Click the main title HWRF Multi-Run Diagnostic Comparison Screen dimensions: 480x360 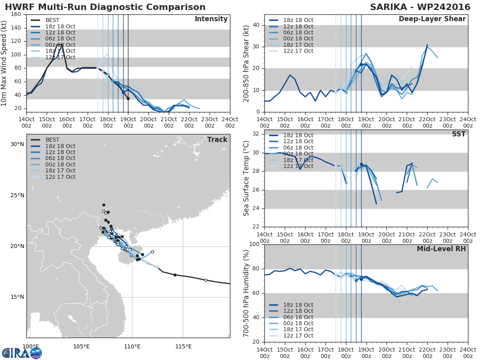tap(105, 7)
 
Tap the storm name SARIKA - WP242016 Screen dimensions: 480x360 tap(420, 7)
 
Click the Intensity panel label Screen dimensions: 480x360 tap(211, 19)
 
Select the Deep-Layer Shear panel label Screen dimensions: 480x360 tap(432, 19)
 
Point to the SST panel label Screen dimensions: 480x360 tap(459, 134)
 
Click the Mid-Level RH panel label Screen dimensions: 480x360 tap(441, 249)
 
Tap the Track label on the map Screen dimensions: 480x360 tap(217, 140)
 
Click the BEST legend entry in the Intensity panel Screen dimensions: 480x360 tap(45, 20)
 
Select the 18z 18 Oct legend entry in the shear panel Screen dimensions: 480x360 tap(291, 20)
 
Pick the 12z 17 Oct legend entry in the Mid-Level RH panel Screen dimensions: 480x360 tap(291, 336)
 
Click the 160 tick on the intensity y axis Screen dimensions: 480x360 tap(16, 14)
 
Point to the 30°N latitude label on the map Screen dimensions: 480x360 tap(17, 144)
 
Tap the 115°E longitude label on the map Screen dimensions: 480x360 tap(183, 346)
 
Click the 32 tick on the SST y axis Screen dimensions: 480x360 tap(256, 134)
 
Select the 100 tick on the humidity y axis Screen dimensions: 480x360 tap(254, 244)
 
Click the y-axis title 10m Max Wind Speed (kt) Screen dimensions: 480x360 tap(4, 63)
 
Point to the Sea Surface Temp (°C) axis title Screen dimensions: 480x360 tap(246, 178)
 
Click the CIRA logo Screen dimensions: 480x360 tap(22, 353)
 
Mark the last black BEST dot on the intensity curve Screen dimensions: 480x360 tap(128, 99)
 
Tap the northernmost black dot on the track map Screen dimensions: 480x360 tap(104, 205)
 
